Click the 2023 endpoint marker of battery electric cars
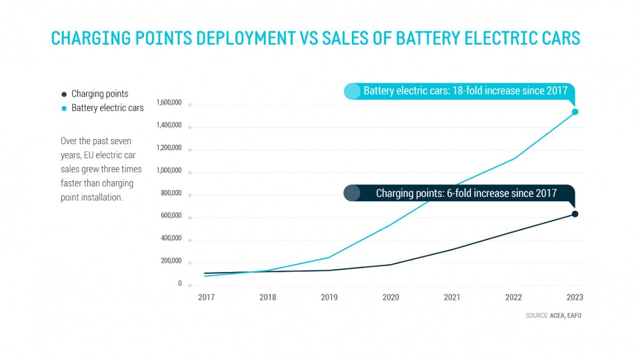pos(575,112)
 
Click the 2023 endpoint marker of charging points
pos(575,214)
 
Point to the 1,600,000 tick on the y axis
pos(170,103)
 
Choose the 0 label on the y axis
pos(180,283)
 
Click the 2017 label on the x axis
pos(206,297)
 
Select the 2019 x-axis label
pos(329,297)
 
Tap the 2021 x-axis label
pos(452,297)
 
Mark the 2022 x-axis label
pos(513,297)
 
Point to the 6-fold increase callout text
pos(466,193)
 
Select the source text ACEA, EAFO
pos(566,316)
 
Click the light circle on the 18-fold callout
pos(352,91)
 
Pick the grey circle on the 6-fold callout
pos(351,193)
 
